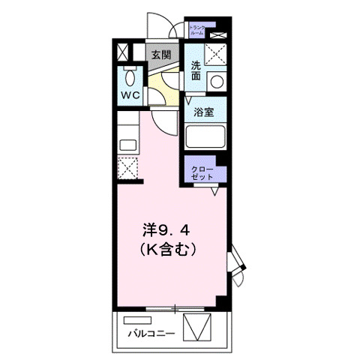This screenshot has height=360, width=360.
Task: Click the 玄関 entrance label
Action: [x=160, y=55]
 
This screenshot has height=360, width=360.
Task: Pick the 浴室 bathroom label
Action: [x=200, y=114]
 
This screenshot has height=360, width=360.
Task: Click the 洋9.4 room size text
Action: [x=172, y=228]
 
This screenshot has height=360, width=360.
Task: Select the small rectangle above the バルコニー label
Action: [x=142, y=320]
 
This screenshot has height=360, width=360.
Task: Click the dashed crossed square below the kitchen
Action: [x=127, y=169]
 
